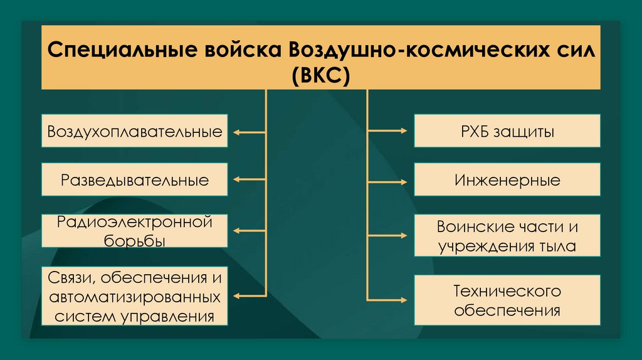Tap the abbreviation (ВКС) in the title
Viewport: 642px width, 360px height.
321,74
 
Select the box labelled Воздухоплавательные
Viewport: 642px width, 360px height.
135,132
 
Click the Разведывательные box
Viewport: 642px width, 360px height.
135,181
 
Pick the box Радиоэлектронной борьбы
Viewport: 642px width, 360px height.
135,230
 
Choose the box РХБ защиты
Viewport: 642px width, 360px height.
507,132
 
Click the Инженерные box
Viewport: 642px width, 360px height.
507,181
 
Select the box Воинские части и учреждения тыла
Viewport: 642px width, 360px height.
507,235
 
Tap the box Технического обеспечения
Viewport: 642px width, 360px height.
507,300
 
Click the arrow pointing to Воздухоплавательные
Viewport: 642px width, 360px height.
249,132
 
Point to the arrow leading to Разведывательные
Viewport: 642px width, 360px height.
249,181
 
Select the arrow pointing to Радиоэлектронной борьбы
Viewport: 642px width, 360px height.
249,230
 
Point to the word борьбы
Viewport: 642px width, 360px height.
135,241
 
